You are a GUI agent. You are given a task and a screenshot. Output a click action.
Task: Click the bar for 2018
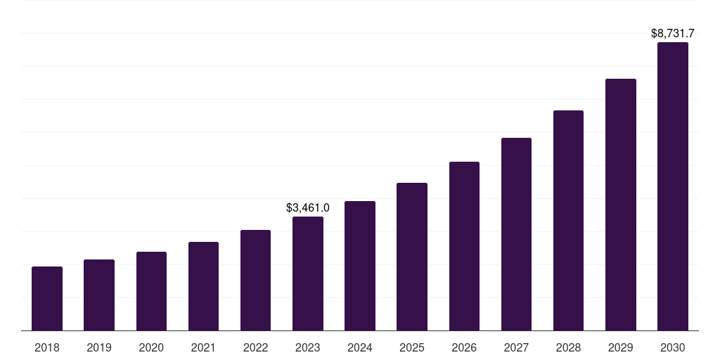(47, 299)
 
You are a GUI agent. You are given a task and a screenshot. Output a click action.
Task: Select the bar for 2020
(151, 291)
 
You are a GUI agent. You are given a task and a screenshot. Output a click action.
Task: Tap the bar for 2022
(255, 281)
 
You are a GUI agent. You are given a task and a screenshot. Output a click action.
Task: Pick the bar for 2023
(308, 274)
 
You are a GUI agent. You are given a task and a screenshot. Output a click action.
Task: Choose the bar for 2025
(412, 257)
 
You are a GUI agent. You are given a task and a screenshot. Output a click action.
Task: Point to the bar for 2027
(516, 234)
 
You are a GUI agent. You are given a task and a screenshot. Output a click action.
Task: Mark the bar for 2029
(620, 205)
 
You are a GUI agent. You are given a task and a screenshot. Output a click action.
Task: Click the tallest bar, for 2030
(673, 186)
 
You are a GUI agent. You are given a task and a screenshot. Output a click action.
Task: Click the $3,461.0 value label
(308, 208)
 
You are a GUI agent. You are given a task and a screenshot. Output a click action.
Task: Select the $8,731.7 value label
(673, 33)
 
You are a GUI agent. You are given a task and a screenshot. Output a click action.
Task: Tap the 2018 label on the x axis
(47, 347)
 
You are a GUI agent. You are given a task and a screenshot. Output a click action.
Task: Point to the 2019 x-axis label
(99, 347)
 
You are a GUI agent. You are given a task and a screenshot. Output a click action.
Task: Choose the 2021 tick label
(203, 347)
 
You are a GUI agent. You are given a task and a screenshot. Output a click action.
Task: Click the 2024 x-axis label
(360, 347)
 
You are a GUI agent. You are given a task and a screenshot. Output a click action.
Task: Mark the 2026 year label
(464, 347)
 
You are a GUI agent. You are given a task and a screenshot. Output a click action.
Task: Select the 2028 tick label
(568, 347)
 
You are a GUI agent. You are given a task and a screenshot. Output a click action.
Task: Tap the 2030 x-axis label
(673, 347)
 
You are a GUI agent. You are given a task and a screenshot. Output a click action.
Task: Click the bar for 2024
(360, 266)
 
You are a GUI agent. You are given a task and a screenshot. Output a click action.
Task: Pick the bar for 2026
(464, 246)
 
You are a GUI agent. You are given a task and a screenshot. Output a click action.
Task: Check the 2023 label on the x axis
(308, 347)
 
